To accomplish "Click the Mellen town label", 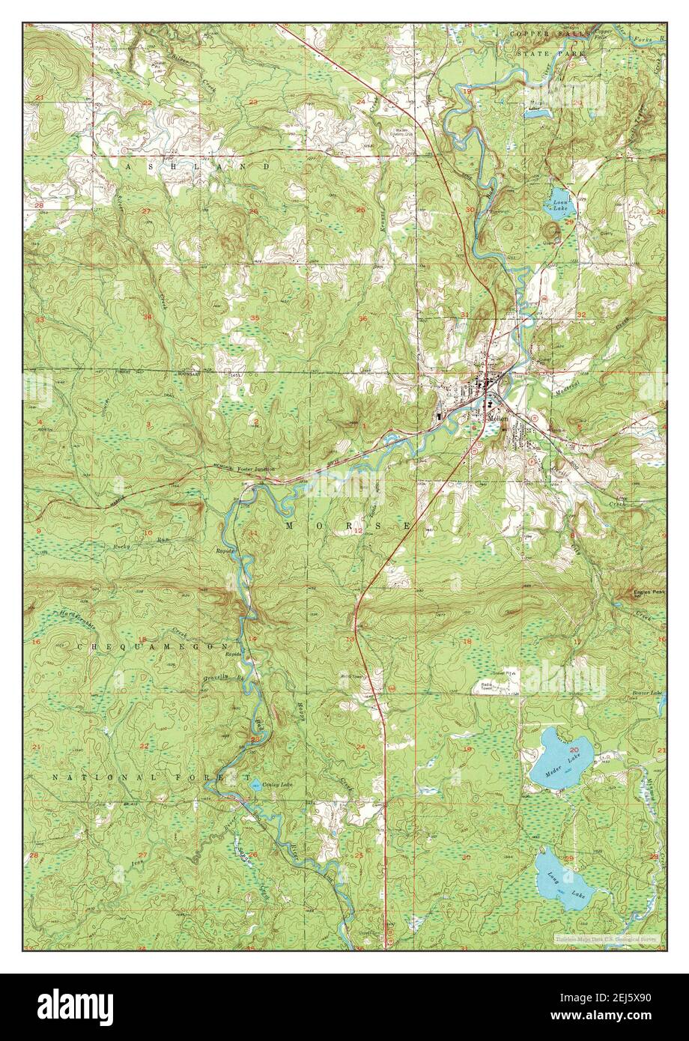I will coord(497,419).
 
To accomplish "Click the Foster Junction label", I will coord(256,469).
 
